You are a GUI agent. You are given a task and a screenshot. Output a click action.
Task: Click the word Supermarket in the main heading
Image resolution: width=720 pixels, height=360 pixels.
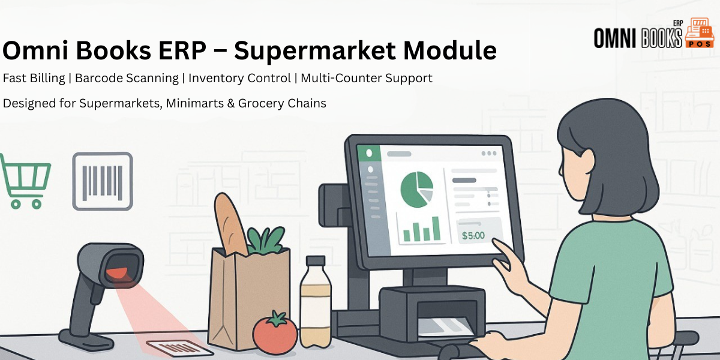(x=315, y=51)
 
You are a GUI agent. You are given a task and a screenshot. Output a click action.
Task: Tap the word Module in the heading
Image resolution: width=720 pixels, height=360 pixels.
(x=450, y=50)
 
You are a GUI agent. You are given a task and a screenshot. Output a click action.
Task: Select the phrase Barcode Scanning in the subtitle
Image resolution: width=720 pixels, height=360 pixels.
(x=127, y=79)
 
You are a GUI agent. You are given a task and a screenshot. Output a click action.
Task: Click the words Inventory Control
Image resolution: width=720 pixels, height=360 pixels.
(x=239, y=78)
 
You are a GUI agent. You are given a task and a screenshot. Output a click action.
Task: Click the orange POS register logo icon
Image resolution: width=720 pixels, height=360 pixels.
(x=700, y=33)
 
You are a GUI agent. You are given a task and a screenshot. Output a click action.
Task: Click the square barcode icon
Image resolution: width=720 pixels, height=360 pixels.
(x=103, y=182)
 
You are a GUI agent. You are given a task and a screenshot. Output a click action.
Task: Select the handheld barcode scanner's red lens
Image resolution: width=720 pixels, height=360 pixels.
(x=117, y=273)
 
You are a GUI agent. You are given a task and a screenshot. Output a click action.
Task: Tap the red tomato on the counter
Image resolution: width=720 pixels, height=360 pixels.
(x=275, y=332)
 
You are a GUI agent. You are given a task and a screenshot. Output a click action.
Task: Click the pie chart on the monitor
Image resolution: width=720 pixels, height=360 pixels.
(x=417, y=190)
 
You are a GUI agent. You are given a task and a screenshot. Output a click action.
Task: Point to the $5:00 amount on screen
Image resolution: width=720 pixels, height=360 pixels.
(x=473, y=236)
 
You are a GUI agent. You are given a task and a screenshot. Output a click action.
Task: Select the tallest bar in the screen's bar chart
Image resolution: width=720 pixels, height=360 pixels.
(x=436, y=229)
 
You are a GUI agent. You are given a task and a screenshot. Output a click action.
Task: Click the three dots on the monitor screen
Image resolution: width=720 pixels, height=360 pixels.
(x=489, y=154)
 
